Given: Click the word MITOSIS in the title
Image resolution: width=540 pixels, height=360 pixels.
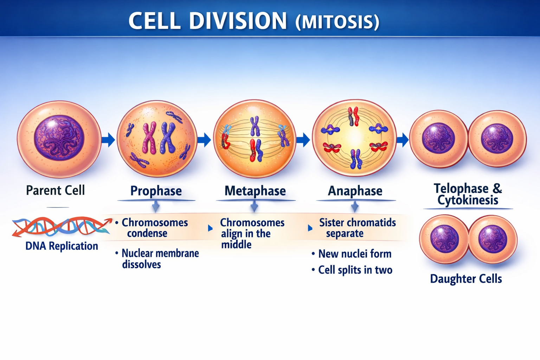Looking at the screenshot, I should pos(337,22).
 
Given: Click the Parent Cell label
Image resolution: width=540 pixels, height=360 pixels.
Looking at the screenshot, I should pos(56,191).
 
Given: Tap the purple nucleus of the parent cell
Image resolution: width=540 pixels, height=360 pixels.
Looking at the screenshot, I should pos(59,138).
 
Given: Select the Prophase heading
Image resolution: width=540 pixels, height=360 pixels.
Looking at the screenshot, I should pos(156,191).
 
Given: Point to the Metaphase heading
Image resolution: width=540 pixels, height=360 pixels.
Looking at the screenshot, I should pos(255,191).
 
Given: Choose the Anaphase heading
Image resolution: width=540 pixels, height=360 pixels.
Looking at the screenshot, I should pos(355,191).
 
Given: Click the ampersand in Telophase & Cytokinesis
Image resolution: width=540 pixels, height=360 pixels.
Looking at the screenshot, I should pos(497,188).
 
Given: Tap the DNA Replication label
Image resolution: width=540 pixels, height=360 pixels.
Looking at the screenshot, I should pos(62,246).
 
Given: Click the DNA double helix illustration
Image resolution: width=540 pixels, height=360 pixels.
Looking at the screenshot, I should pos(62,226).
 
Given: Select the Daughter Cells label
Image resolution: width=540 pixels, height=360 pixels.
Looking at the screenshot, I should pos(466,279).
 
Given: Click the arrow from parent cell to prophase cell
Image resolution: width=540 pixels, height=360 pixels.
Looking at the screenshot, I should pos(108,140).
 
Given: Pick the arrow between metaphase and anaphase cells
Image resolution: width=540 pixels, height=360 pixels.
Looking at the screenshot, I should pos(303,140).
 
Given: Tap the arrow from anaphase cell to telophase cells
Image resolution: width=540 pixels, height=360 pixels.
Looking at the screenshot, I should pos(403,140).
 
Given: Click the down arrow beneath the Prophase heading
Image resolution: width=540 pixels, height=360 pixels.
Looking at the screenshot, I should pos(156,206).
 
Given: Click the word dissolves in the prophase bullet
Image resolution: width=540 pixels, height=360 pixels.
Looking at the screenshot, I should pos(141,264).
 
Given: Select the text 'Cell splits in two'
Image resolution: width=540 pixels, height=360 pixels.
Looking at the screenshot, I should pos(355,270).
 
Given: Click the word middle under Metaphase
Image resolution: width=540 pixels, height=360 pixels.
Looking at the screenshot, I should pos(236,245).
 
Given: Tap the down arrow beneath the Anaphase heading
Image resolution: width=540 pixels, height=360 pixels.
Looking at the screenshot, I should pos(355,206).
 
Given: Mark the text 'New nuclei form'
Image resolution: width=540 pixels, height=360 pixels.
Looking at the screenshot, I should pos(355,254).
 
